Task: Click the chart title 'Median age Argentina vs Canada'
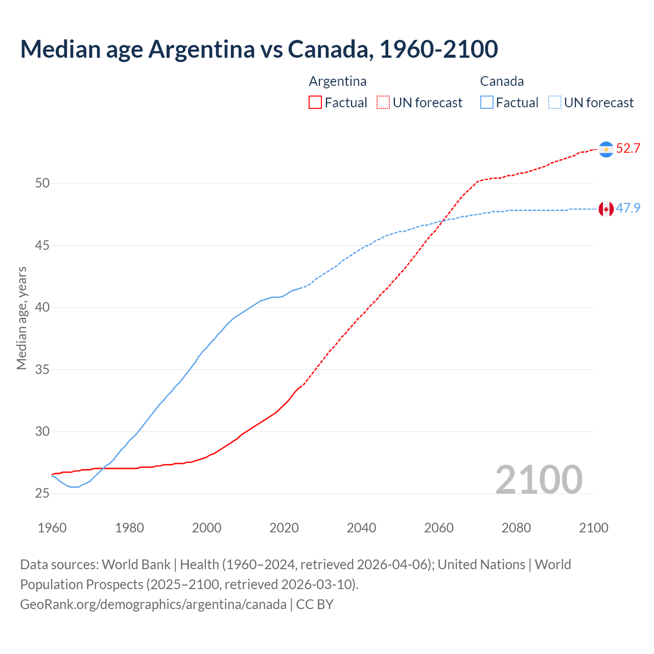(259, 49)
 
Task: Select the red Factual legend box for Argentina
(315, 103)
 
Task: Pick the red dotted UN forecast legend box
(383, 103)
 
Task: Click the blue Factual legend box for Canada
(487, 103)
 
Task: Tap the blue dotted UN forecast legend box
(555, 103)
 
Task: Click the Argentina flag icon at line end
(606, 149)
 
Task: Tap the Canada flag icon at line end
(606, 209)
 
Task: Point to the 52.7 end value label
(628, 149)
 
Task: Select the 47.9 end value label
(628, 208)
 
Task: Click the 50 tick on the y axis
(42, 183)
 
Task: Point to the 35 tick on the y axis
(42, 369)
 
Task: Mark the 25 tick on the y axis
(42, 494)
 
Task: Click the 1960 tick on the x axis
(52, 528)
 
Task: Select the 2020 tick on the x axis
(284, 528)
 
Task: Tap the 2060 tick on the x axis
(439, 528)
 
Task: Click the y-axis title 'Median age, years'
(21, 318)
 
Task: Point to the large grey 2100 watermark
(539, 480)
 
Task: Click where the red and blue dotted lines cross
(442, 221)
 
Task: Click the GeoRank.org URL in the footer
(153, 604)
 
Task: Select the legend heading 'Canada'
(502, 81)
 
